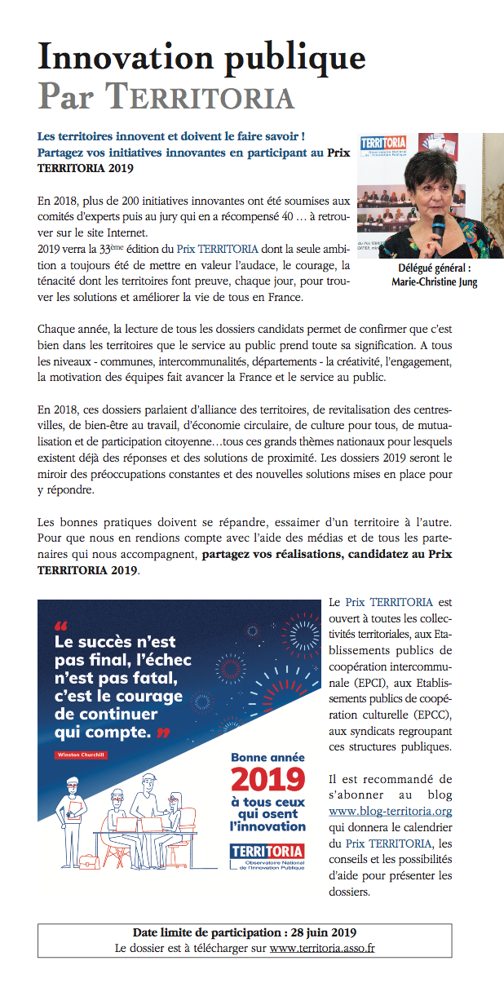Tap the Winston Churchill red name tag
tap(81, 755)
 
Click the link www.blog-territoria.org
tap(391, 811)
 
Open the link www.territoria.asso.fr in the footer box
tap(322, 948)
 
